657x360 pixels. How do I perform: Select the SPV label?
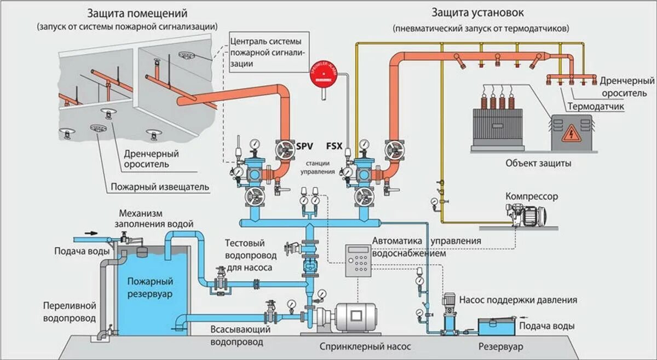[305, 147]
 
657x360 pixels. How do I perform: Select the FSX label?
[334, 147]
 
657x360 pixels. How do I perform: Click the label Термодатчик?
[596, 106]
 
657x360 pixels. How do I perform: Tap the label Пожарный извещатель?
[160, 187]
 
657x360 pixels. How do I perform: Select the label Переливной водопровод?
[70, 311]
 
